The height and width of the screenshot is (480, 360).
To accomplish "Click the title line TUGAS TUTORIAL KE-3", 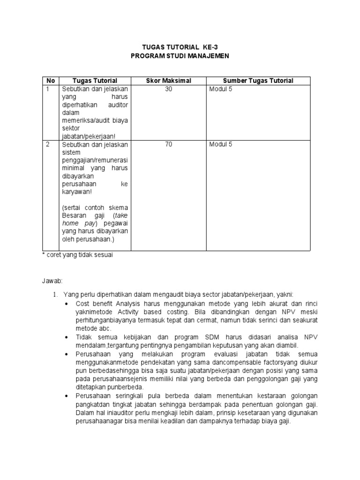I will pos(180,47).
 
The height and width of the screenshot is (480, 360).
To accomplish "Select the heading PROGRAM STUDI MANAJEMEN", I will pos(180,56).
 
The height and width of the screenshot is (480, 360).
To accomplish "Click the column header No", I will pos(51,81).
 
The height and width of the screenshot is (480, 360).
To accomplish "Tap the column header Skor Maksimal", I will pos(169,81).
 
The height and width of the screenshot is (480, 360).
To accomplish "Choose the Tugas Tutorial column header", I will pos(95,81).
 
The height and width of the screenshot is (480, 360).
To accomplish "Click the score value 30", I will pos(169,89).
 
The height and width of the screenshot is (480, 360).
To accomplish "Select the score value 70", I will pos(169,144).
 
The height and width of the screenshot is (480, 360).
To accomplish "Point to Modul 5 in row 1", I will pos(221,89).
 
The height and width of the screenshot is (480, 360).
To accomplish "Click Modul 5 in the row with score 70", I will pos(221,144).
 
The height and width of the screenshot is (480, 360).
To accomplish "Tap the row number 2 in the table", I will pos(48,144).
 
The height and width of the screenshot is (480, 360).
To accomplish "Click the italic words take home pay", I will pos(94,219).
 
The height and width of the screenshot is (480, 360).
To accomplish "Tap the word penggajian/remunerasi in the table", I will pos(94,160).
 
